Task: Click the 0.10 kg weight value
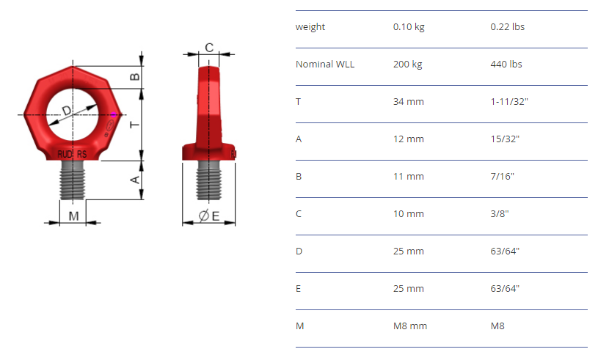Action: coord(409,27)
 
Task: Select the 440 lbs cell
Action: coord(506,64)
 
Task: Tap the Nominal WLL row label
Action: coord(325,64)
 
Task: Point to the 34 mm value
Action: coord(409,102)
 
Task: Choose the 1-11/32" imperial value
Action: coord(509,101)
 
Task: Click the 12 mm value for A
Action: coord(409,139)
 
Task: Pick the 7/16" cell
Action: coord(503,177)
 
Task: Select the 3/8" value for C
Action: coord(500,213)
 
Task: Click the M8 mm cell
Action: coord(410,326)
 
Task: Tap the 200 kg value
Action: coord(408,65)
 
